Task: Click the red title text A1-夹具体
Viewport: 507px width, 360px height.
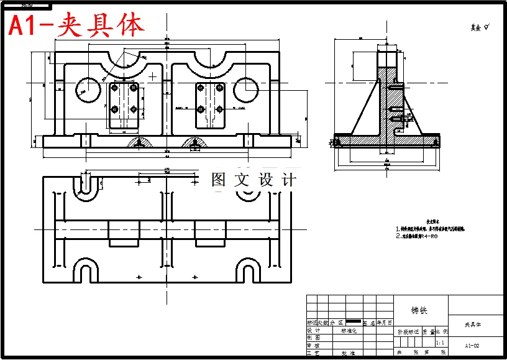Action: tap(76, 25)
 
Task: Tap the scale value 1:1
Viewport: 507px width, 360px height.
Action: tap(441, 343)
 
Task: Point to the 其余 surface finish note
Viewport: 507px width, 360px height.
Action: tap(480, 27)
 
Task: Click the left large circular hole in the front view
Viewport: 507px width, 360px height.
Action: tap(88, 90)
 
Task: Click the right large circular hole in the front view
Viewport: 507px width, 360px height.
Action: tap(246, 90)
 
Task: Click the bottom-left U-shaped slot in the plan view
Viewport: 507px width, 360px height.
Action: tap(86, 270)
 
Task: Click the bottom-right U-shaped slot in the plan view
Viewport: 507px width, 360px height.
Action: tap(247, 270)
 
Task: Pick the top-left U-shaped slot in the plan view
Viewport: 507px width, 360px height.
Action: tap(86, 185)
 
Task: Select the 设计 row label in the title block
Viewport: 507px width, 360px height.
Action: tap(313, 331)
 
